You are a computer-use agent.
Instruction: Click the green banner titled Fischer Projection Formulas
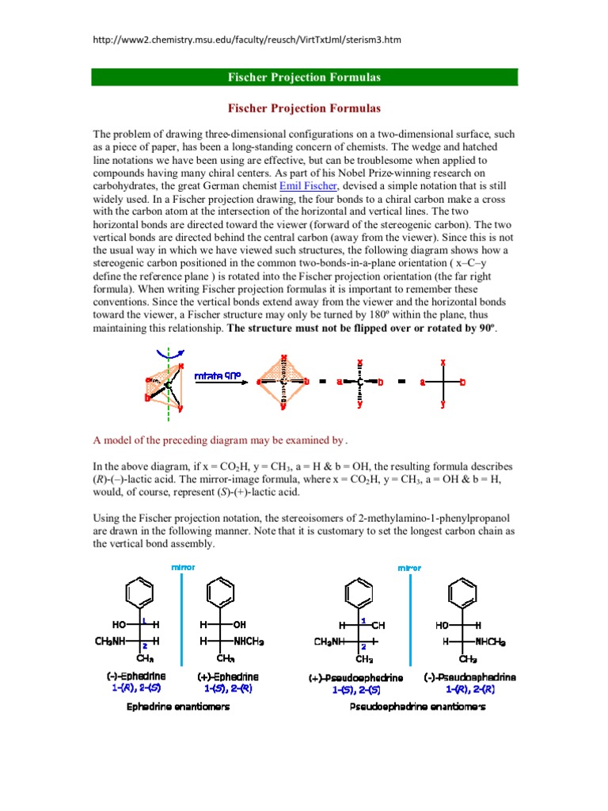(304, 77)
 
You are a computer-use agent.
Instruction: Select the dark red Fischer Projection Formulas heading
(304, 108)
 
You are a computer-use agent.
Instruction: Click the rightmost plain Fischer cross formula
(443, 383)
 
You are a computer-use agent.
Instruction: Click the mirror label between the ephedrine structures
(182, 568)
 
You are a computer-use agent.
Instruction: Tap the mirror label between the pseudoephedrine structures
(409, 568)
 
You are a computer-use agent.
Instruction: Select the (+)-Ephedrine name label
(228, 677)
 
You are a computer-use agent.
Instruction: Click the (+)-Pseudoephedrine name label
(356, 678)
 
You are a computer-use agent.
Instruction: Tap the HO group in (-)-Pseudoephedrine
(442, 625)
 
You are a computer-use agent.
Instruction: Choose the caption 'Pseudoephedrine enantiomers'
(417, 706)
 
